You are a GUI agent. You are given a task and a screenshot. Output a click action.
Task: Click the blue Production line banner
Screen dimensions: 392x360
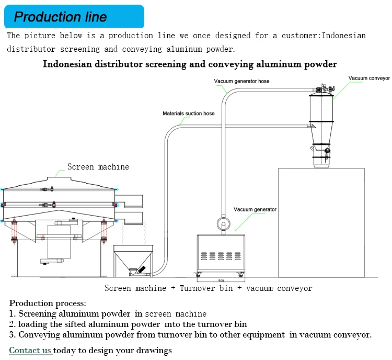coord(74,16)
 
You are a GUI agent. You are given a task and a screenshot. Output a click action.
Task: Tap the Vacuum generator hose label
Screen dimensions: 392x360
coord(241,81)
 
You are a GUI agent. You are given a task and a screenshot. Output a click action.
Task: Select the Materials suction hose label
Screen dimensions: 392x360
coord(189,114)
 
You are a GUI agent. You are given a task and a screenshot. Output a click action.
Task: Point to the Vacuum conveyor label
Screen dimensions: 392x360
coord(369,78)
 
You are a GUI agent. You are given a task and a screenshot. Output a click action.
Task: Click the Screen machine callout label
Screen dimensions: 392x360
coord(98,167)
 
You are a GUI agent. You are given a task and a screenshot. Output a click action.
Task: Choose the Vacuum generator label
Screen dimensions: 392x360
coord(255,209)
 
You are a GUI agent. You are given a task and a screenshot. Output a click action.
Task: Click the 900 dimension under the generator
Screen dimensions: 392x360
coord(221,280)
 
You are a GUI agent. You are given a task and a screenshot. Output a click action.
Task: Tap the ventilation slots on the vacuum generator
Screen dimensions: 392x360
coord(221,256)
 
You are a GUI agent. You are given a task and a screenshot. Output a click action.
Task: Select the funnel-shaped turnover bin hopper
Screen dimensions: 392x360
coord(133,259)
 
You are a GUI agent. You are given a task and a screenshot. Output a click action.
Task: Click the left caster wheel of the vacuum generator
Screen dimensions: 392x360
coord(199,275)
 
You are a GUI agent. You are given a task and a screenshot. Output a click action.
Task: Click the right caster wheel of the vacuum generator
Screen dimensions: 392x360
coord(241,275)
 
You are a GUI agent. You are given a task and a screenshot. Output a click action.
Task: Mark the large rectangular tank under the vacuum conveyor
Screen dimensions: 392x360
coord(321,222)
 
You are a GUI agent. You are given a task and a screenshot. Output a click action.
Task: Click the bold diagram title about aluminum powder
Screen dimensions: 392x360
coord(190,64)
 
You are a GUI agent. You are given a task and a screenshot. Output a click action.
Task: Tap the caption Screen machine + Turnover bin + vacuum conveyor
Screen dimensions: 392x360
coord(208,288)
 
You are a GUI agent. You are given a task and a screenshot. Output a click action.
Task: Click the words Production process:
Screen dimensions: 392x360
coord(48,303)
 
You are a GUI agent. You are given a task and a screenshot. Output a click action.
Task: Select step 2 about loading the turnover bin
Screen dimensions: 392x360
coord(128,324)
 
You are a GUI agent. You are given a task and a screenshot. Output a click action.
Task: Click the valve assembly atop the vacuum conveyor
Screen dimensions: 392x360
coord(325,89)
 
